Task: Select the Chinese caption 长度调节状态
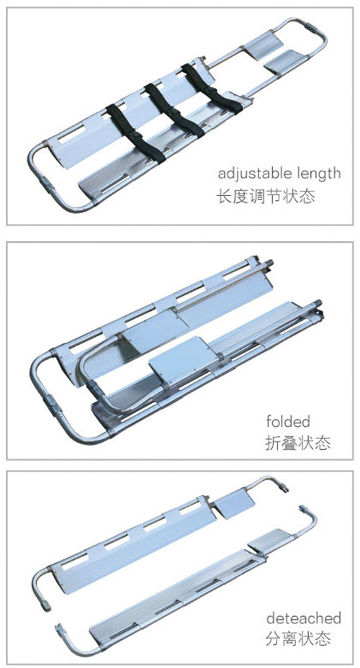click(266, 196)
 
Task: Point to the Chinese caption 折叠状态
click(298, 443)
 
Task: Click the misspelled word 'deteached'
click(304, 618)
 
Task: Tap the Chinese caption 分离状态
click(298, 638)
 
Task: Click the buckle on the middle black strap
click(174, 112)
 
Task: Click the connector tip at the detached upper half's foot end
click(282, 487)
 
